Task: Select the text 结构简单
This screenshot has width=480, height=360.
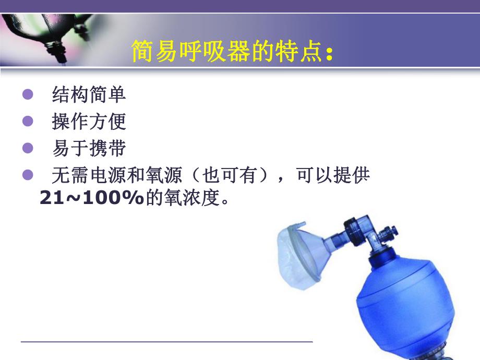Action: coord(89,94)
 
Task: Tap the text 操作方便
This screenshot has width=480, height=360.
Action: coord(89,122)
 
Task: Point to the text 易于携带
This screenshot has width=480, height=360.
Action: coord(89,149)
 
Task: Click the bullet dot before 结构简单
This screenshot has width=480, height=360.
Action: coord(28,95)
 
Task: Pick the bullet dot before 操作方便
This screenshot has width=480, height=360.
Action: coord(28,122)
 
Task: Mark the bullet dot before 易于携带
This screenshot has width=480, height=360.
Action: coord(28,149)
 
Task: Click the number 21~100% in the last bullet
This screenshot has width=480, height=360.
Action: coord(91,199)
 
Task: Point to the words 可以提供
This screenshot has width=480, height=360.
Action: coord(333,176)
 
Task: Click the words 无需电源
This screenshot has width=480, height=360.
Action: coord(89,176)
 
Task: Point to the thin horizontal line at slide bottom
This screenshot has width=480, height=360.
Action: coord(167,342)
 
